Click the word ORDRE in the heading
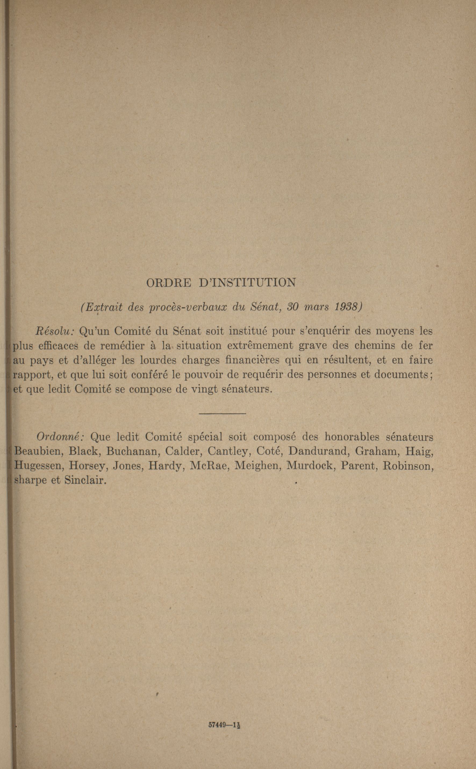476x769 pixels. pyautogui.click(x=169, y=282)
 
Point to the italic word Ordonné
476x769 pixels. pyautogui.click(x=59, y=437)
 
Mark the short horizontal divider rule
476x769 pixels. pyautogui.click(x=222, y=414)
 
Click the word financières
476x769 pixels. pyautogui.click(x=254, y=360)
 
